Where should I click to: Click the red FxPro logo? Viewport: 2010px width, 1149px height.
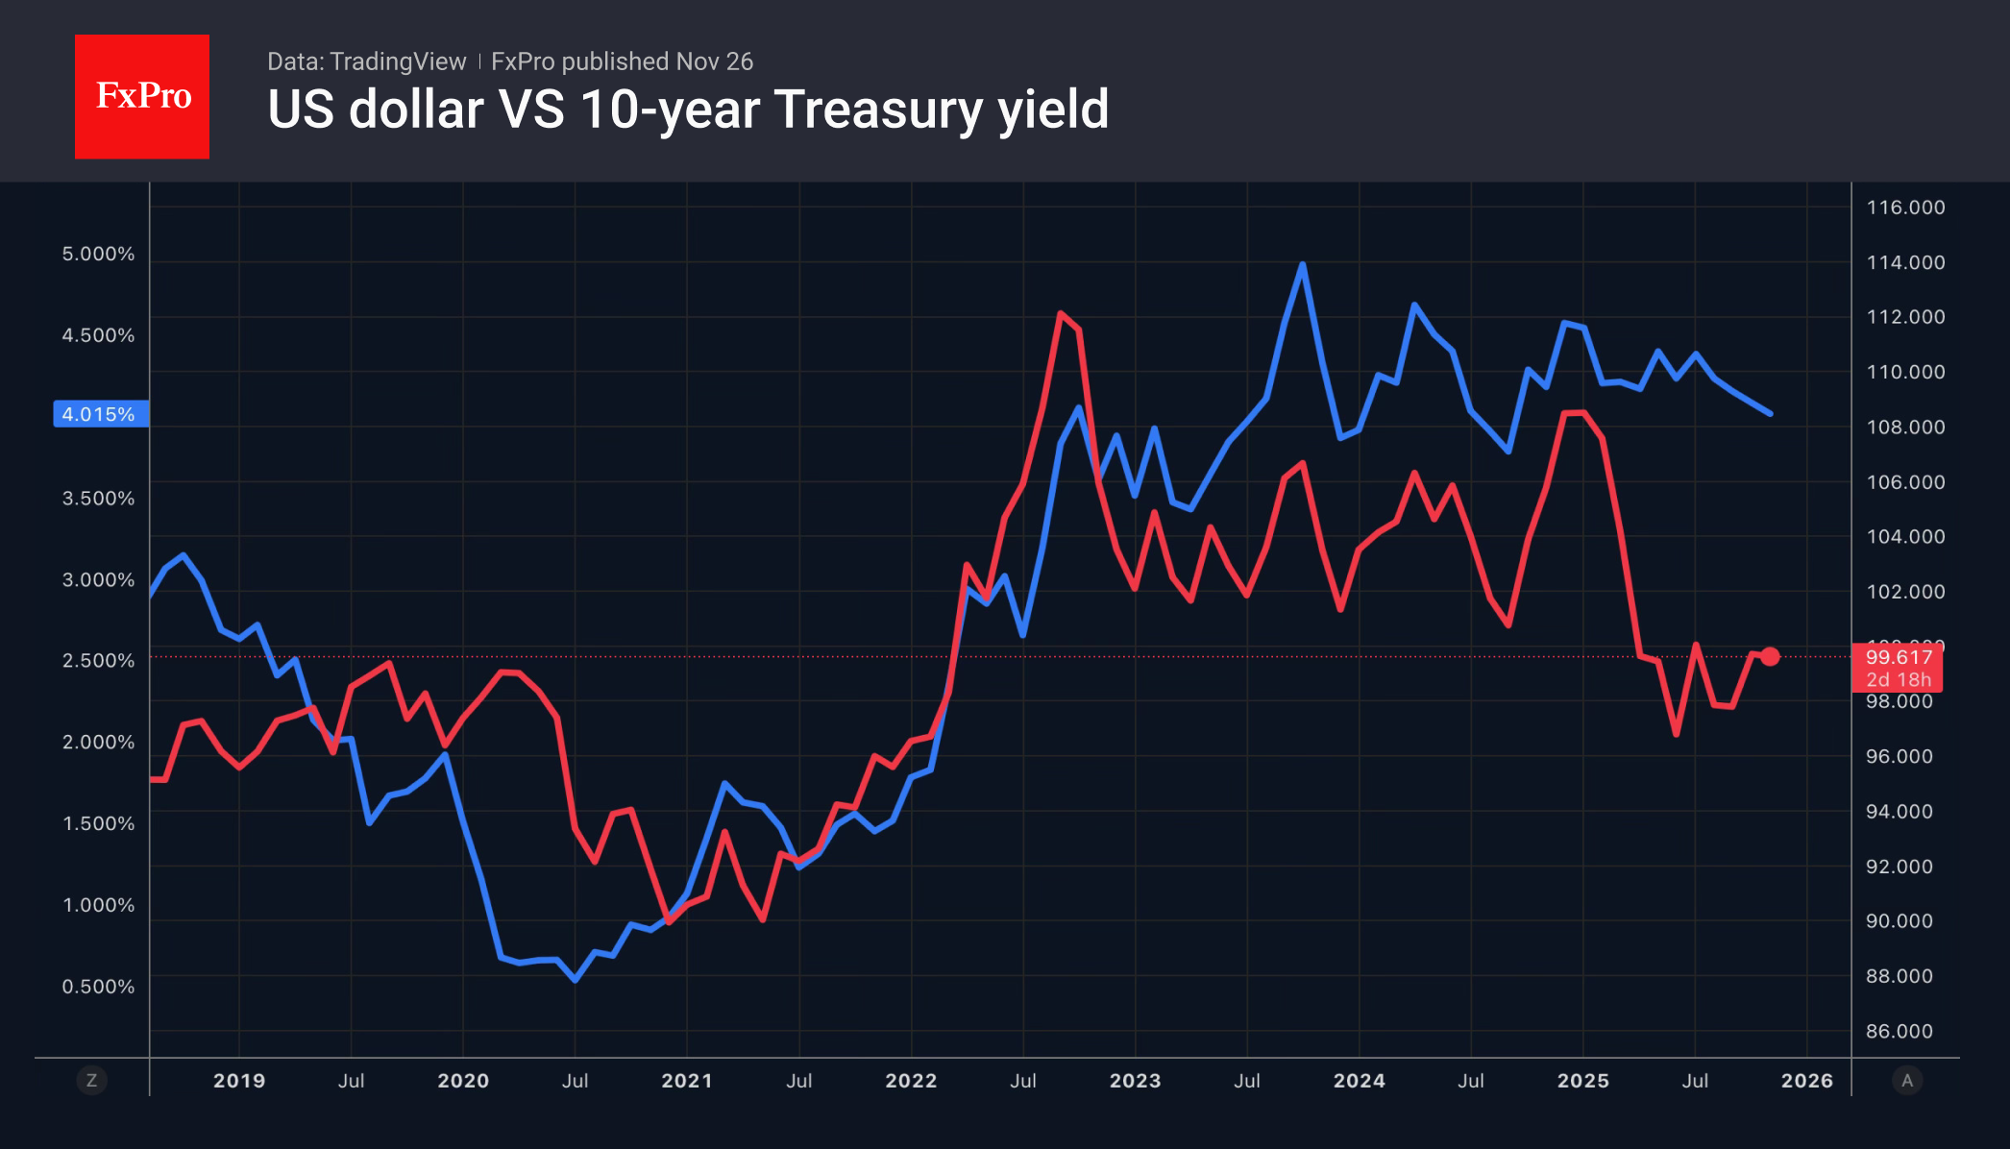tap(142, 97)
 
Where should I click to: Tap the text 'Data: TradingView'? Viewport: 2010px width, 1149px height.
tap(366, 61)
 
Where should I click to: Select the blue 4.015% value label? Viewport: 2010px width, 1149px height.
tap(100, 414)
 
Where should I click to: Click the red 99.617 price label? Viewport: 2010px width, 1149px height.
tap(1898, 658)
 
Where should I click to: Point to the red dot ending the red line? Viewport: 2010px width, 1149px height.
tap(1770, 657)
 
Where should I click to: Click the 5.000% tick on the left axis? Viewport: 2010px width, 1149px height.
tap(98, 255)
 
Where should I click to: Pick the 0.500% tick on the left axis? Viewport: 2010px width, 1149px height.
tap(98, 987)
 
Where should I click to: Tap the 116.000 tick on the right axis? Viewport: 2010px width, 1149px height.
tap(1905, 208)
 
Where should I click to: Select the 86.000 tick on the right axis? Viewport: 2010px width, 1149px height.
tap(1899, 1032)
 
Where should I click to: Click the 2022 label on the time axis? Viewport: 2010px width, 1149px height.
tap(911, 1081)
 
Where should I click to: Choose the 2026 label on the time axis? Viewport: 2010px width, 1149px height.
tap(1806, 1081)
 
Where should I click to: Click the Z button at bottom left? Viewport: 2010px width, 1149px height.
tap(91, 1081)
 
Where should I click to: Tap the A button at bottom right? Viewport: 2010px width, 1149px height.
tap(1907, 1081)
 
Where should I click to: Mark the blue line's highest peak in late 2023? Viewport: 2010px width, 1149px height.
tap(1302, 264)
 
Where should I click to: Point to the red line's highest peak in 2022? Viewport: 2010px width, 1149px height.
tap(1060, 313)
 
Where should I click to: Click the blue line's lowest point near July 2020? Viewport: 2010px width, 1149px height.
tap(575, 979)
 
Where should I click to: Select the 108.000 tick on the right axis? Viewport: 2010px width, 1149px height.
tap(1905, 428)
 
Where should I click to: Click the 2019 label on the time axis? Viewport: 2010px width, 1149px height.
tap(239, 1081)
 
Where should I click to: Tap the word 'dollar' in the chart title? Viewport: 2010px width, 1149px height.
tap(416, 110)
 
